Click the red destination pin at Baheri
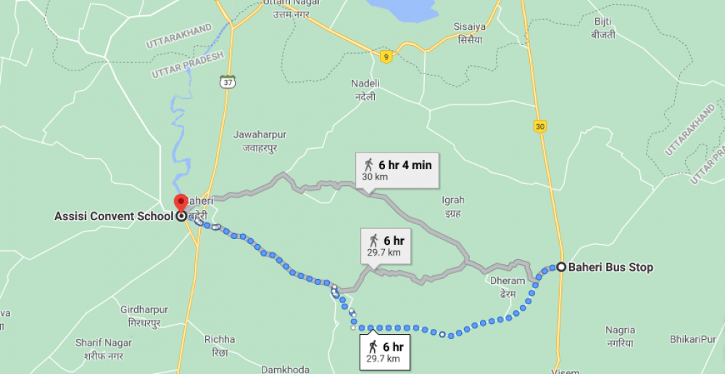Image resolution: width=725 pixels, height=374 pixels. coord(181,203)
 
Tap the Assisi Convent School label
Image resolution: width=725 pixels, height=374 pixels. coord(114,216)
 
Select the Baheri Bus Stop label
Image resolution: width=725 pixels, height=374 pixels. coord(610,267)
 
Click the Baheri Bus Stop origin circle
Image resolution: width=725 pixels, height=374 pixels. coord(561,267)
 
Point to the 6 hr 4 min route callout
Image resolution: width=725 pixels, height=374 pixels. coord(398,170)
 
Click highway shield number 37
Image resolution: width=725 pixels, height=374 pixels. coord(228,81)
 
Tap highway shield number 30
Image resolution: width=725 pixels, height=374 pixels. coord(539,126)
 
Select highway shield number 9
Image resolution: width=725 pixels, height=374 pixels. coord(386,57)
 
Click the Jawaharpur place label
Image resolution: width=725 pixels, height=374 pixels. coord(260,139)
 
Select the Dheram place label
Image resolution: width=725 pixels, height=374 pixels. coord(507,286)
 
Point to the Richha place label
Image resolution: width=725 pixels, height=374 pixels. coord(220,345)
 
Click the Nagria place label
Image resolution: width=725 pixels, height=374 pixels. coord(620,336)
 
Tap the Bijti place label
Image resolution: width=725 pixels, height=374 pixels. coord(603,28)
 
